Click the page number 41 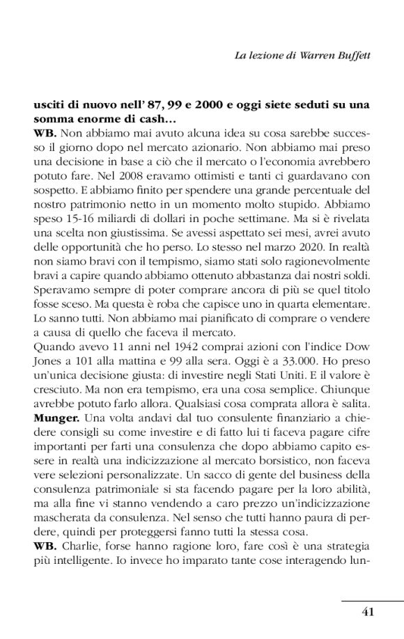[368, 612]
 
